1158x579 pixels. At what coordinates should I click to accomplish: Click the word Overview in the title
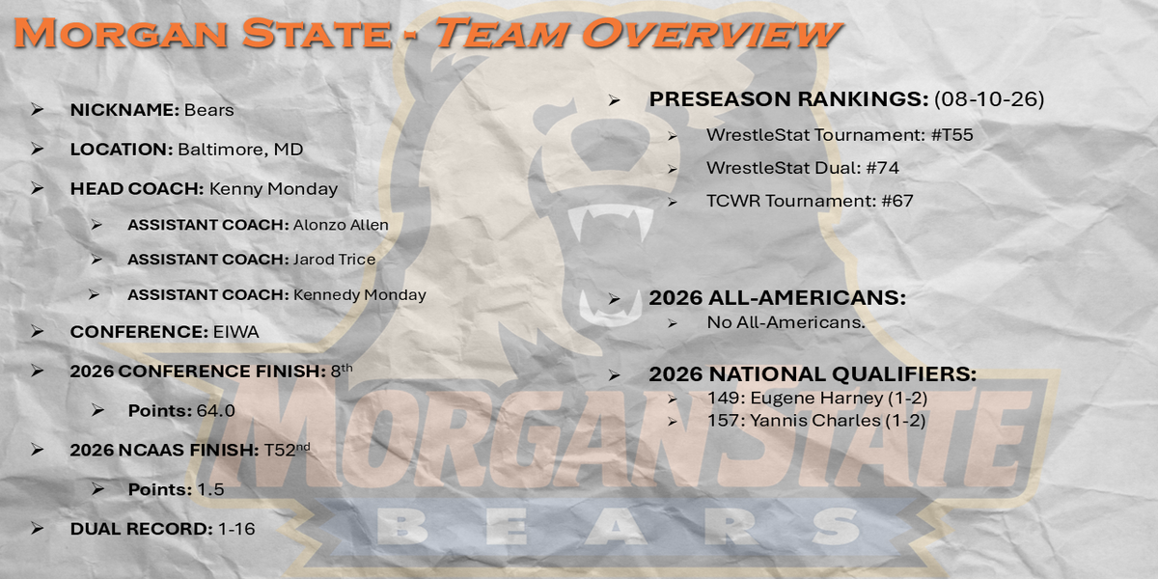point(712,33)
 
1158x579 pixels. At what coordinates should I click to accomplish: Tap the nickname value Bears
point(208,110)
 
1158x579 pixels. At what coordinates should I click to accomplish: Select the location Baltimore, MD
point(240,150)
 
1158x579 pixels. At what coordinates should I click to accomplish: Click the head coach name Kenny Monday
point(273,189)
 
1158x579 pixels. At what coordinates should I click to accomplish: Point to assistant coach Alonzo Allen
point(341,225)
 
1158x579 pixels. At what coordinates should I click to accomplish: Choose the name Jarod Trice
point(335,259)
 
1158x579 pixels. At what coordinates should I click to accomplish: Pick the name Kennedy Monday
point(360,294)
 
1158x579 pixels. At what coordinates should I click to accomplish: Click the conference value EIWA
point(235,332)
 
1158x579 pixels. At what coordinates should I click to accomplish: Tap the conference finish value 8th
point(342,371)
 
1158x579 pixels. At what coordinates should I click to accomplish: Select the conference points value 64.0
point(215,411)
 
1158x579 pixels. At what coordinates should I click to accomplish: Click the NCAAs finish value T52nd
point(287,450)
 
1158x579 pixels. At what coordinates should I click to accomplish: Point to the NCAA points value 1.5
point(211,489)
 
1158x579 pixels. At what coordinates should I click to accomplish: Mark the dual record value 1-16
point(236,529)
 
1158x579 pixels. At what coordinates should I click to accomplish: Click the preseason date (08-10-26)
point(989,99)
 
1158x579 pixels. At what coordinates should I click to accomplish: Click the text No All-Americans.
point(786,322)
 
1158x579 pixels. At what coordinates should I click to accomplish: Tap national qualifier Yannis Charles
point(815,421)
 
